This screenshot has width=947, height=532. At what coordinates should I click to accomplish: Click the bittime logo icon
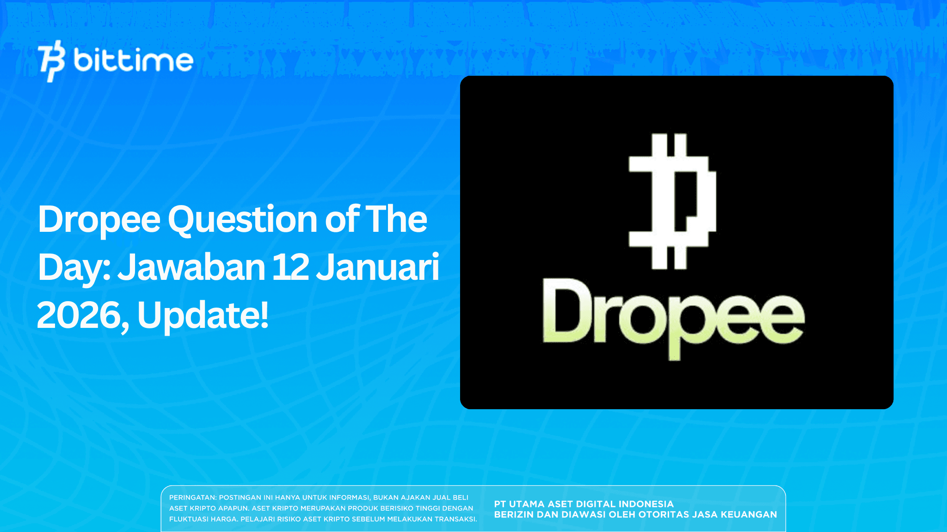pyautogui.click(x=51, y=60)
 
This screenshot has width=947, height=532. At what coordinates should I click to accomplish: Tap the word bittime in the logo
pyautogui.click(x=133, y=60)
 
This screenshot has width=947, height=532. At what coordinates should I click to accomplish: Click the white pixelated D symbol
pyautogui.click(x=672, y=201)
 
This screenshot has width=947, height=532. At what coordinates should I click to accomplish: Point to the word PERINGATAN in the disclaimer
pyautogui.click(x=192, y=498)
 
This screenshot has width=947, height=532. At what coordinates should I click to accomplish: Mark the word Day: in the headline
pyautogui.click(x=74, y=268)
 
